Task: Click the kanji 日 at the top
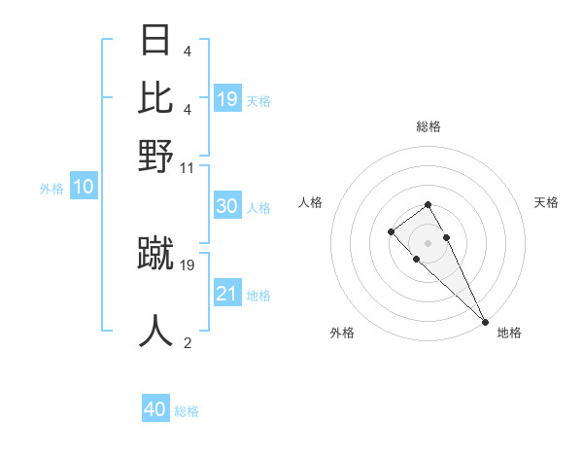click(x=155, y=42)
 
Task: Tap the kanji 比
click(x=155, y=98)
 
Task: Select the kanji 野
click(x=155, y=155)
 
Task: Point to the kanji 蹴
click(x=155, y=253)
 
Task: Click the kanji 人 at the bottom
click(x=155, y=331)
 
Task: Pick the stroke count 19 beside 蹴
click(x=189, y=264)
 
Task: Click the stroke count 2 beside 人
click(x=188, y=342)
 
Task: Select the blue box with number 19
click(x=227, y=98)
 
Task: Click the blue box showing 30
click(x=226, y=206)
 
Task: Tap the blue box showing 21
click(x=226, y=294)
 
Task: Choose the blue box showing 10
click(x=83, y=188)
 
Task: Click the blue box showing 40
click(x=155, y=409)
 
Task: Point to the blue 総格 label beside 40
click(x=187, y=411)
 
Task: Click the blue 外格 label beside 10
click(x=51, y=189)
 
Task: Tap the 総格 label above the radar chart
click(x=429, y=126)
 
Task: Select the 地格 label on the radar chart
click(x=509, y=333)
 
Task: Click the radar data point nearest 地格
click(x=485, y=321)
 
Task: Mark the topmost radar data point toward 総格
click(x=428, y=204)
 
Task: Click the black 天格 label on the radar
click(x=546, y=202)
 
